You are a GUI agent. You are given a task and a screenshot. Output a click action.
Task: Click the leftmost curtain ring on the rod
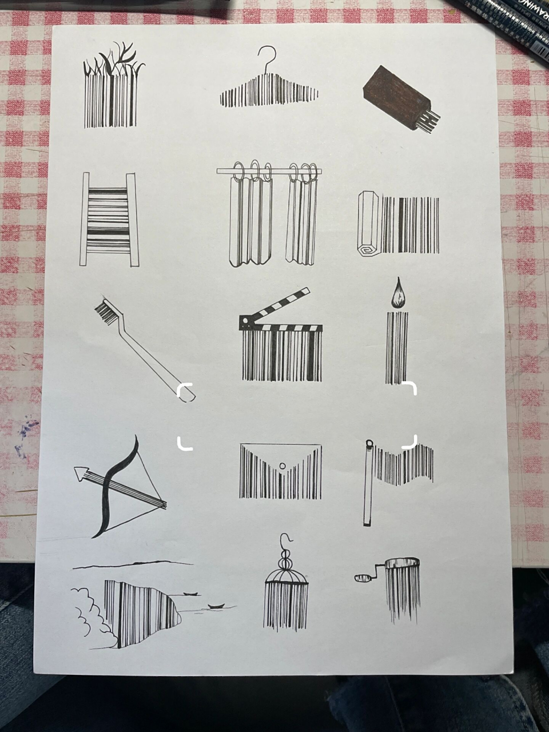239,170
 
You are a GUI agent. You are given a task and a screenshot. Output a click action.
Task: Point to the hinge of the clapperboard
245,321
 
